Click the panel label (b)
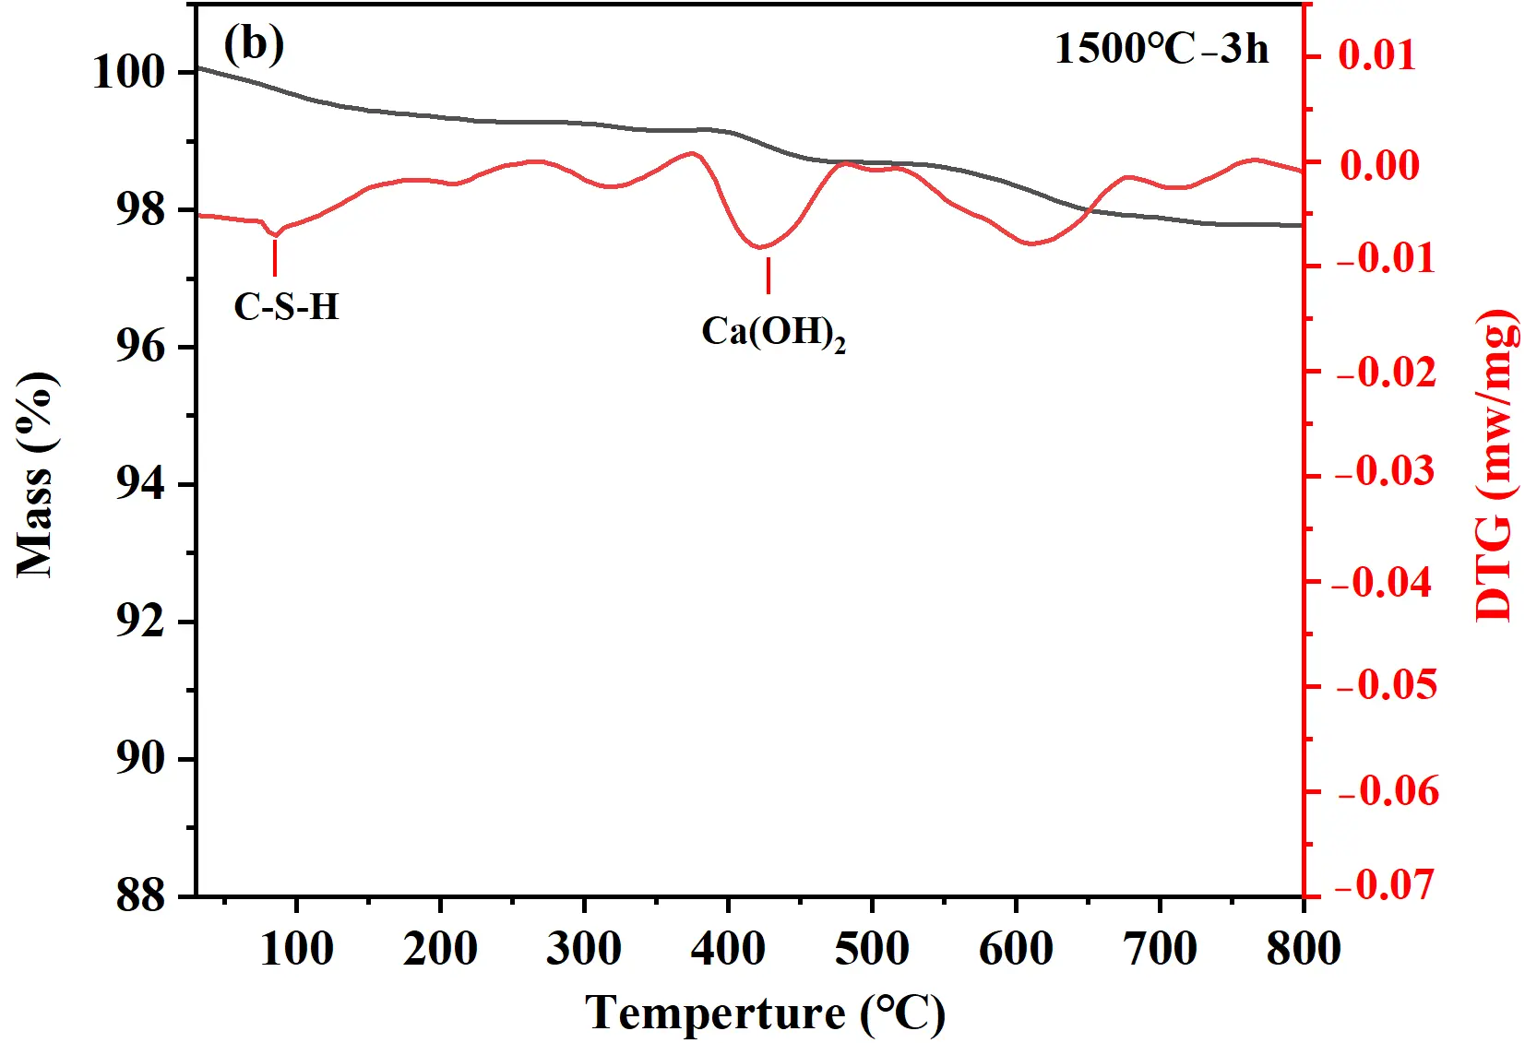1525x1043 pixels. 254,43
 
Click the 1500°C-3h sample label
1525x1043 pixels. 1161,48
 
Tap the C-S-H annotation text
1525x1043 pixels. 286,306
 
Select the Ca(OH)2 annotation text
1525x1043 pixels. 772,332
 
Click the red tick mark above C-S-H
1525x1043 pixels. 275,257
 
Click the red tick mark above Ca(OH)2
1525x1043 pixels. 768,275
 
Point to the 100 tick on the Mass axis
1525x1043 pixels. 129,72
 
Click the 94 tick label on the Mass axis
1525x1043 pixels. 140,483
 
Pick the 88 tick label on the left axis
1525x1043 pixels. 140,895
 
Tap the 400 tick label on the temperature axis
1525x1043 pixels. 728,948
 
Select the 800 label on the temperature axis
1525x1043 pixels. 1303,948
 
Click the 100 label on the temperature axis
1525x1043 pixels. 296,948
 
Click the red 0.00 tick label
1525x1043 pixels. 1379,165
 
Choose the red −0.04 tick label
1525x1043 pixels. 1384,582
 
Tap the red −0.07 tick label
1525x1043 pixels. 1384,884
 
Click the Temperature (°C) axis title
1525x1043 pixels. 765,1013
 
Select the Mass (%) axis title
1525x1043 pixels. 37,475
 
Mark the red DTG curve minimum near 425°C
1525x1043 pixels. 760,247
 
